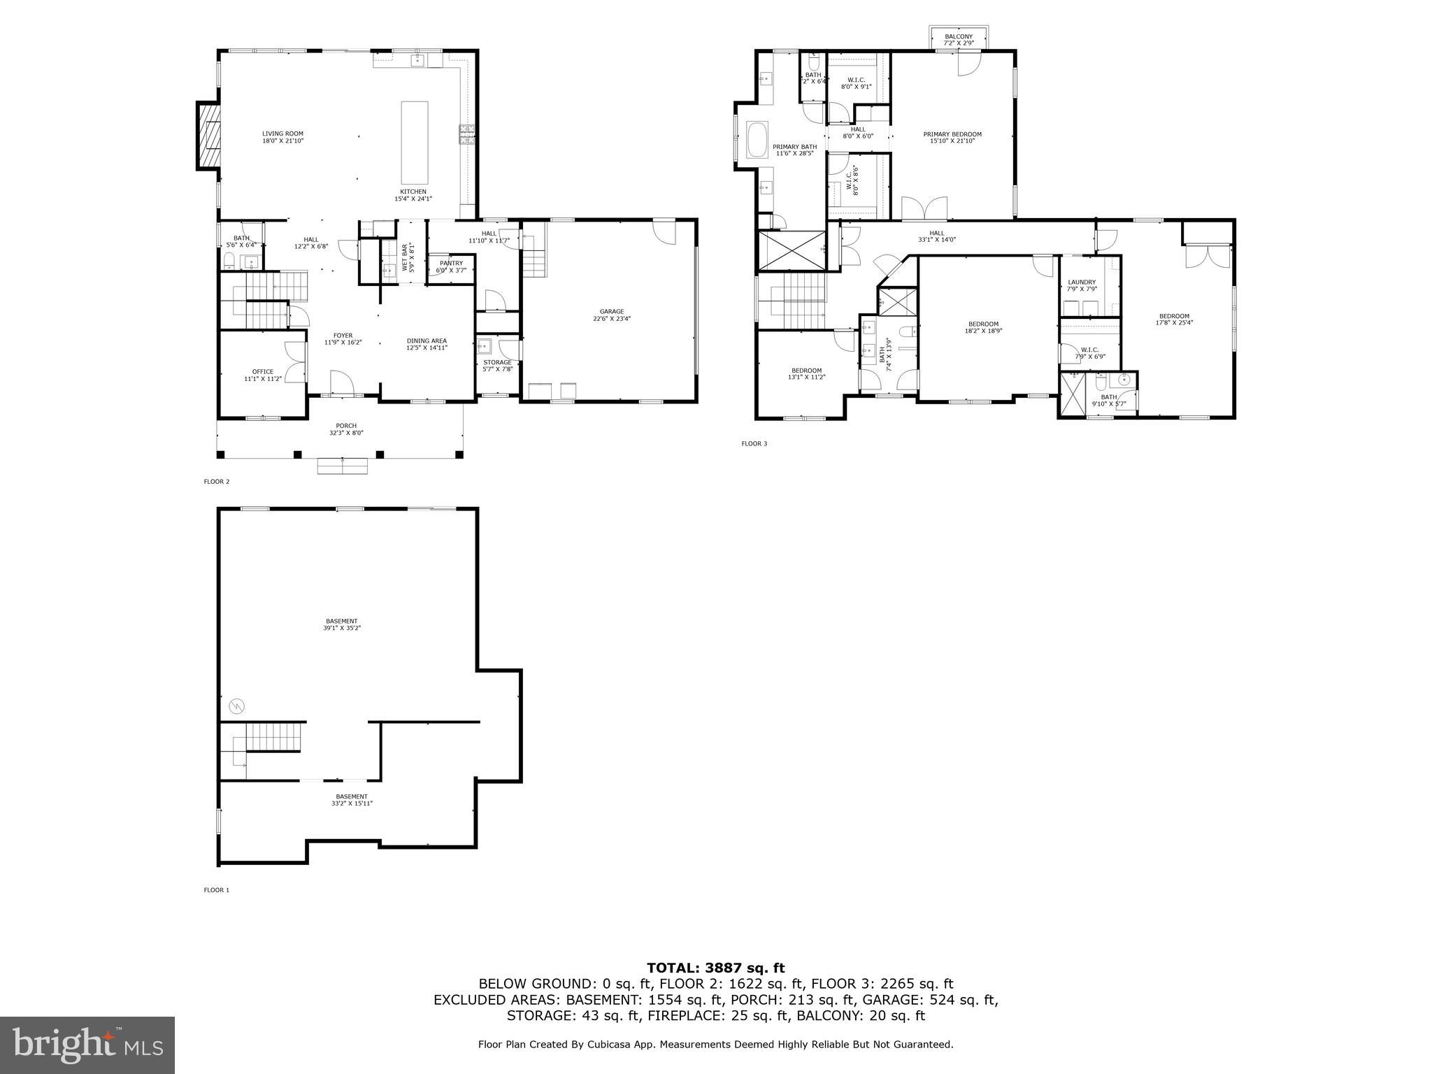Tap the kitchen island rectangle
(x=413, y=142)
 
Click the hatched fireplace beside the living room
(x=208, y=137)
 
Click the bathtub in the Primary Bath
(x=757, y=141)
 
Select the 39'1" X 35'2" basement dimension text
(x=342, y=628)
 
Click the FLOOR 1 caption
(x=216, y=890)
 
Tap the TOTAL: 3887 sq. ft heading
(x=715, y=968)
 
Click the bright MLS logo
(x=87, y=1045)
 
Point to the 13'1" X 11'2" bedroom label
(x=806, y=378)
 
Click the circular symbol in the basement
(x=236, y=706)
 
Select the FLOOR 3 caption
(x=754, y=443)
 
